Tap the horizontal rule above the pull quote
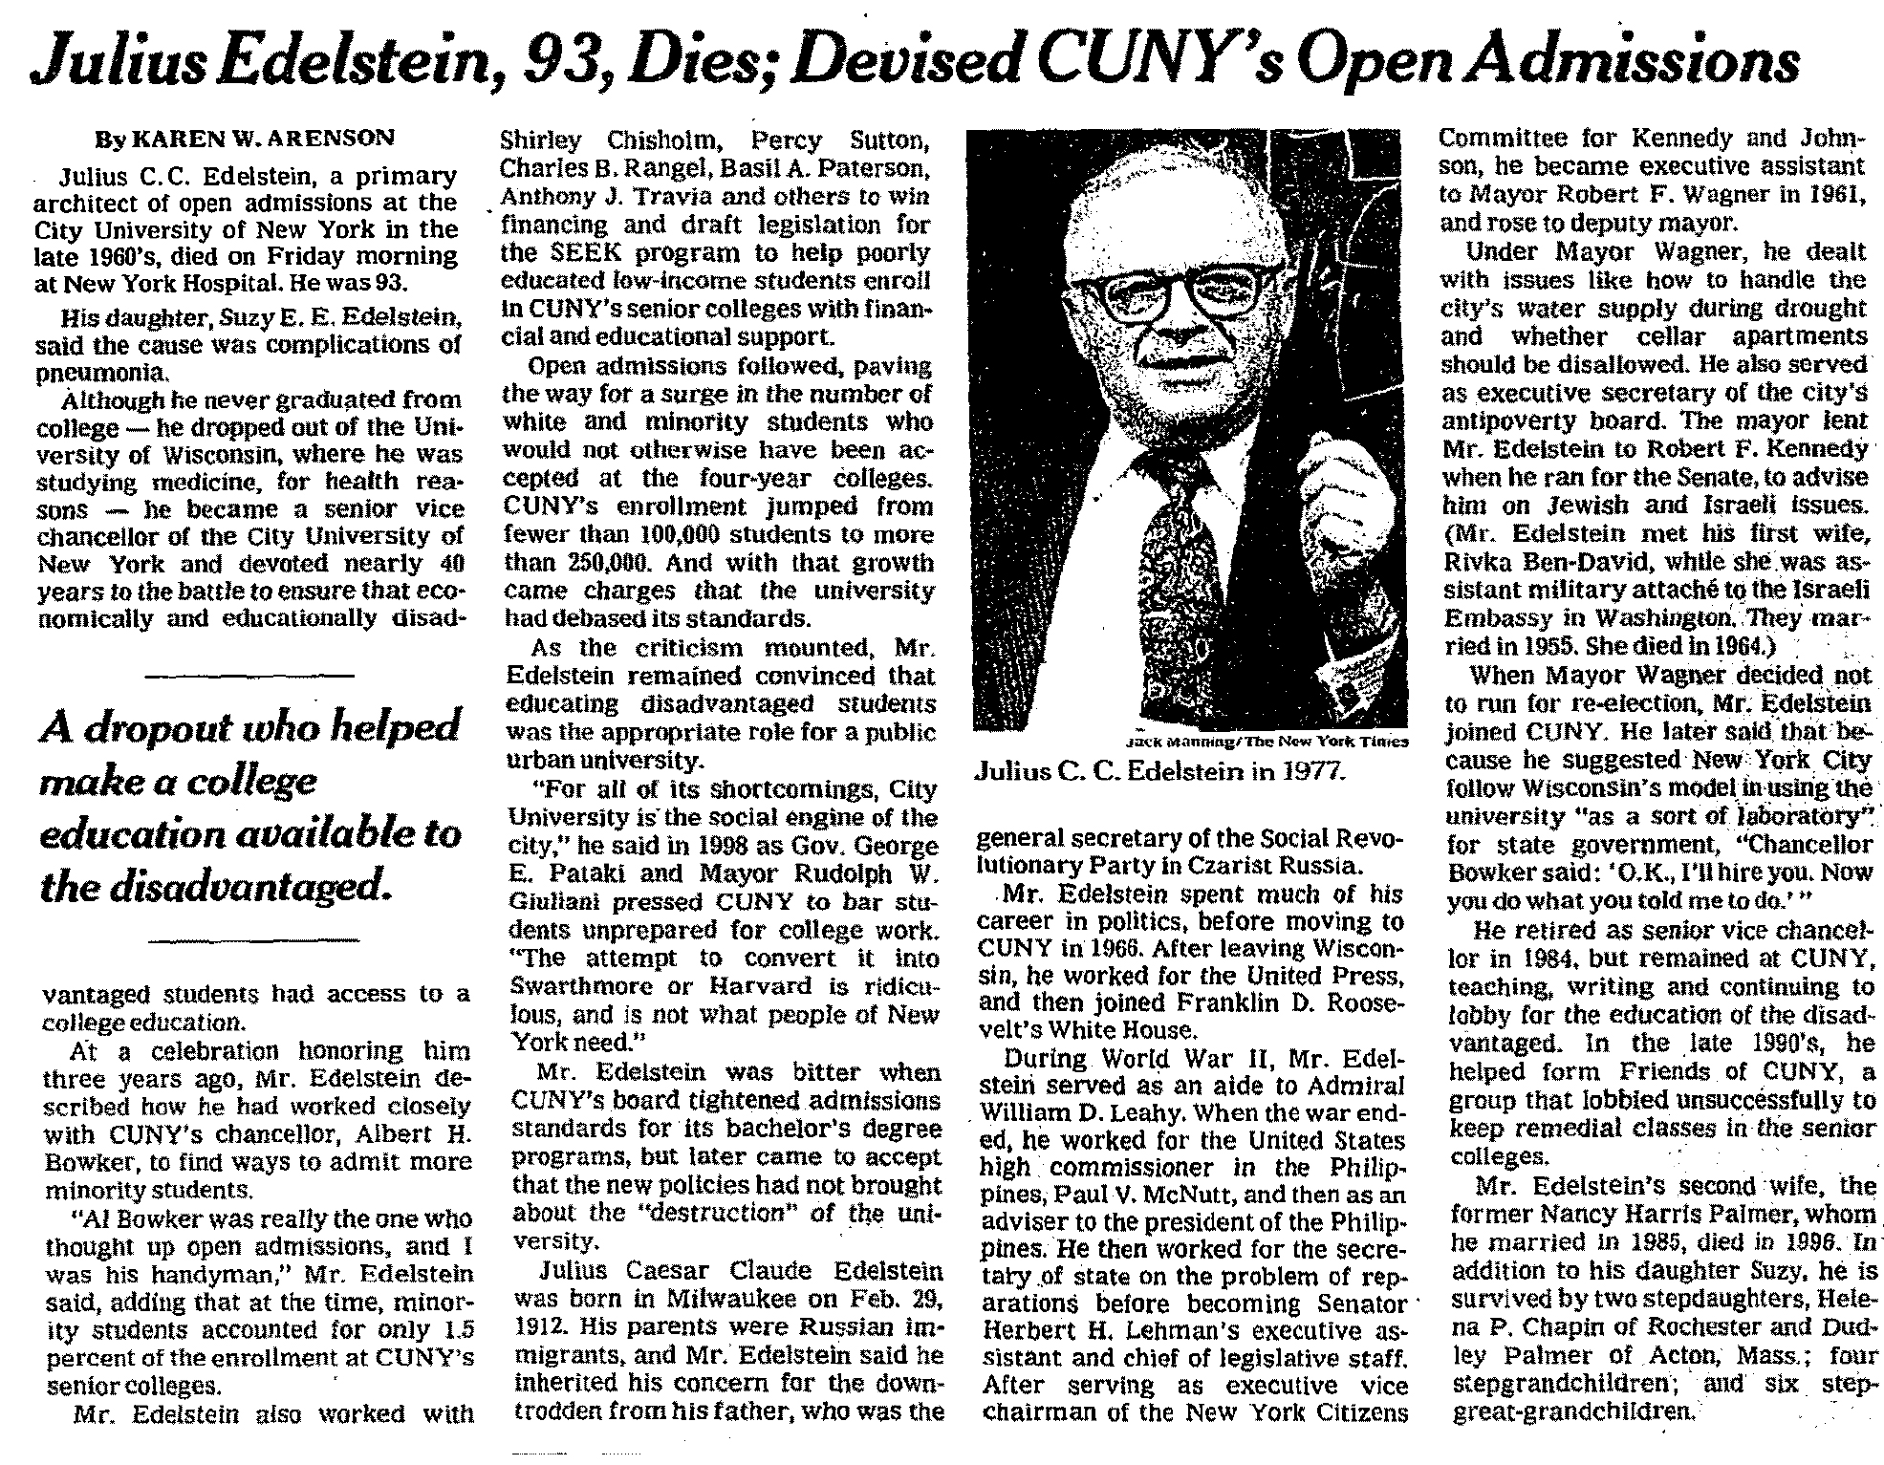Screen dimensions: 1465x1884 [249, 676]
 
